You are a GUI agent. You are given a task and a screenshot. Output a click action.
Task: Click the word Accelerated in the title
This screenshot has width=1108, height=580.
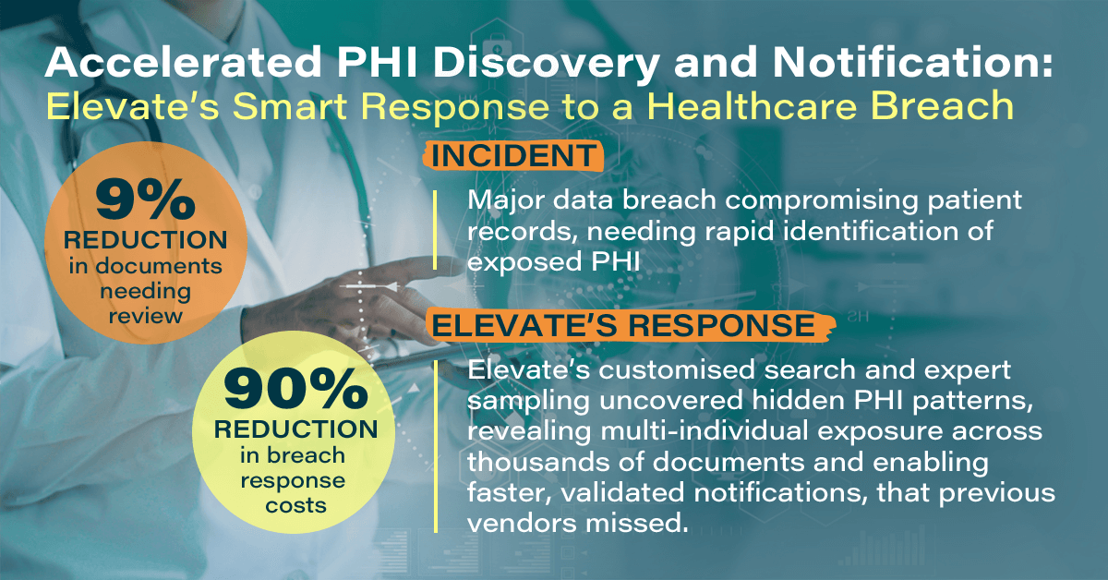[x=184, y=63]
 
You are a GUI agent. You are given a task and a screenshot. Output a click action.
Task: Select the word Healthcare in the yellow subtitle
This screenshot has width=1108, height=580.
[x=752, y=106]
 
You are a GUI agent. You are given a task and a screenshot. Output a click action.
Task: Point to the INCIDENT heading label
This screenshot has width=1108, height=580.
[x=513, y=156]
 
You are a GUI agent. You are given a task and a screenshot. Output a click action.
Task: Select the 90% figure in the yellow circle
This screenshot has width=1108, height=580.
[x=295, y=389]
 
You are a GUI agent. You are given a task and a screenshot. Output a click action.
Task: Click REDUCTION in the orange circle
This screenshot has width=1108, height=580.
[x=146, y=240]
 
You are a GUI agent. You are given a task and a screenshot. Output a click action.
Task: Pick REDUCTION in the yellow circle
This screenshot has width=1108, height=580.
[x=295, y=429]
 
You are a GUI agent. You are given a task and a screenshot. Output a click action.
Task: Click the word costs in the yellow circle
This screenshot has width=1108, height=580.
[x=295, y=506]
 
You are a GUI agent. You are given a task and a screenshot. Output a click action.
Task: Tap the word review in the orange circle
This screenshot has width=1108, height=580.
[x=146, y=316]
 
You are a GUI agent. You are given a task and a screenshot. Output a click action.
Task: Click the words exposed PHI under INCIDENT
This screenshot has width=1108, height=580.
[x=553, y=261]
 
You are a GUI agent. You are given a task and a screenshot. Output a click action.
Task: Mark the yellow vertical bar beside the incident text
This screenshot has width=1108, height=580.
[x=435, y=230]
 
